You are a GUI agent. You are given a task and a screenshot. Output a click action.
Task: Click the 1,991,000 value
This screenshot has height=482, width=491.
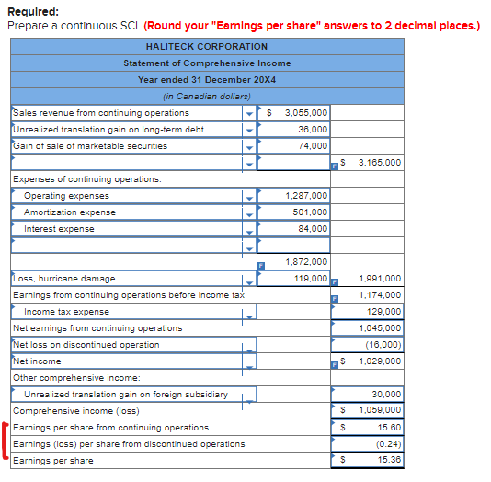pyautogui.click(x=379, y=279)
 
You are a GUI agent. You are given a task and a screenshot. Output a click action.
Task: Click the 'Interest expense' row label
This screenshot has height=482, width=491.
pyautogui.click(x=59, y=229)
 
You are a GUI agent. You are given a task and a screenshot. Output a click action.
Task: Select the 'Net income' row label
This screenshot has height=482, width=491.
pyautogui.click(x=36, y=361)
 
